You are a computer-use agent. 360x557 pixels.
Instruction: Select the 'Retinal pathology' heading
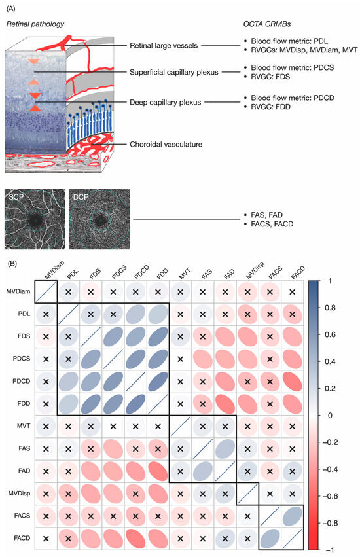click(x=33, y=25)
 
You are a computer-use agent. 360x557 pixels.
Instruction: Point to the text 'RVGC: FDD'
click(x=270, y=113)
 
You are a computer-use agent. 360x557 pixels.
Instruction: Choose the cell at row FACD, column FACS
click(x=270, y=534)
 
